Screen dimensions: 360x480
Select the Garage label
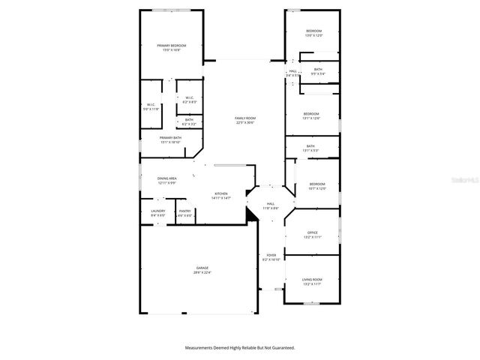pos(202,269)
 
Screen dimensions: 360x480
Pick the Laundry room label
pos(157,212)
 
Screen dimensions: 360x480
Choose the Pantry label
pos(184,212)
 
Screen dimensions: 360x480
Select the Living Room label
pos(312,280)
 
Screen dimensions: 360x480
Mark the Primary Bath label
pos(170,139)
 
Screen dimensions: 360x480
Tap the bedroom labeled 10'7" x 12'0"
pos(317,185)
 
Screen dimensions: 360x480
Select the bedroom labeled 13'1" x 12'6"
pos(311,115)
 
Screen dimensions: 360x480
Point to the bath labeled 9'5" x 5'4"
pos(319,70)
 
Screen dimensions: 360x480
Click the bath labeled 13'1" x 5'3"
pos(311,148)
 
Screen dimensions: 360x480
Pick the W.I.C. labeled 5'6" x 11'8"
pos(151,106)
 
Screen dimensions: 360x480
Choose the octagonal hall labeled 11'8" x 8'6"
pos(271,205)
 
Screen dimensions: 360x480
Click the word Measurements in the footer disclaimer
pos(202,348)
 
